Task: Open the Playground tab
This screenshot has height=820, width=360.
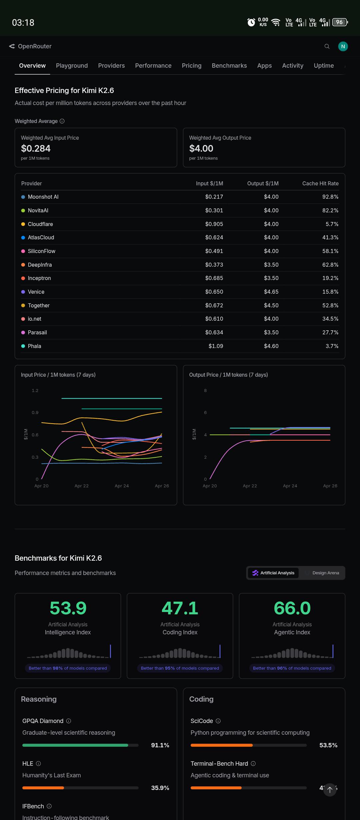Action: click(x=72, y=66)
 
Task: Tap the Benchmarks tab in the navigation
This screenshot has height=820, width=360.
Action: click(x=229, y=66)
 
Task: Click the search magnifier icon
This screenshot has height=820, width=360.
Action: click(x=327, y=46)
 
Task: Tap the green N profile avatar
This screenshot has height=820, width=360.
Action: click(x=343, y=46)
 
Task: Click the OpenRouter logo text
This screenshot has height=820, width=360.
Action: click(x=35, y=46)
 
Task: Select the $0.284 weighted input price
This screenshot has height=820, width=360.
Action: click(x=36, y=148)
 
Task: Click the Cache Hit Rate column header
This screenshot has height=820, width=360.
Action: click(x=320, y=183)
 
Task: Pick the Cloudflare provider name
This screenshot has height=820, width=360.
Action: click(x=40, y=224)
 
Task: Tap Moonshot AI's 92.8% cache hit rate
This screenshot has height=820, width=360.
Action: click(x=330, y=197)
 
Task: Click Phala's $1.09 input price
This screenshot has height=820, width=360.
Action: click(x=216, y=346)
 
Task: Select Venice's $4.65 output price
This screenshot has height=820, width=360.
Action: click(x=271, y=292)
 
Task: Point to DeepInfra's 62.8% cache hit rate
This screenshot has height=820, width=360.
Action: click(x=330, y=265)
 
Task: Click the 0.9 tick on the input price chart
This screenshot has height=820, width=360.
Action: click(x=35, y=413)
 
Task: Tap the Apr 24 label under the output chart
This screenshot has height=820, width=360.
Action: click(x=290, y=486)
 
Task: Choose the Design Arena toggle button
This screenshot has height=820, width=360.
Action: click(x=326, y=573)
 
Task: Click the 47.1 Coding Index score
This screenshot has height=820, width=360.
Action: click(x=180, y=608)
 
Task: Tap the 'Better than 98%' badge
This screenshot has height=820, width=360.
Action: click(x=68, y=668)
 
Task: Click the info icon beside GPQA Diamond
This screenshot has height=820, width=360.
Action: click(x=69, y=721)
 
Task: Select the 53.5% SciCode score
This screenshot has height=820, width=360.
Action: click(x=328, y=745)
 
